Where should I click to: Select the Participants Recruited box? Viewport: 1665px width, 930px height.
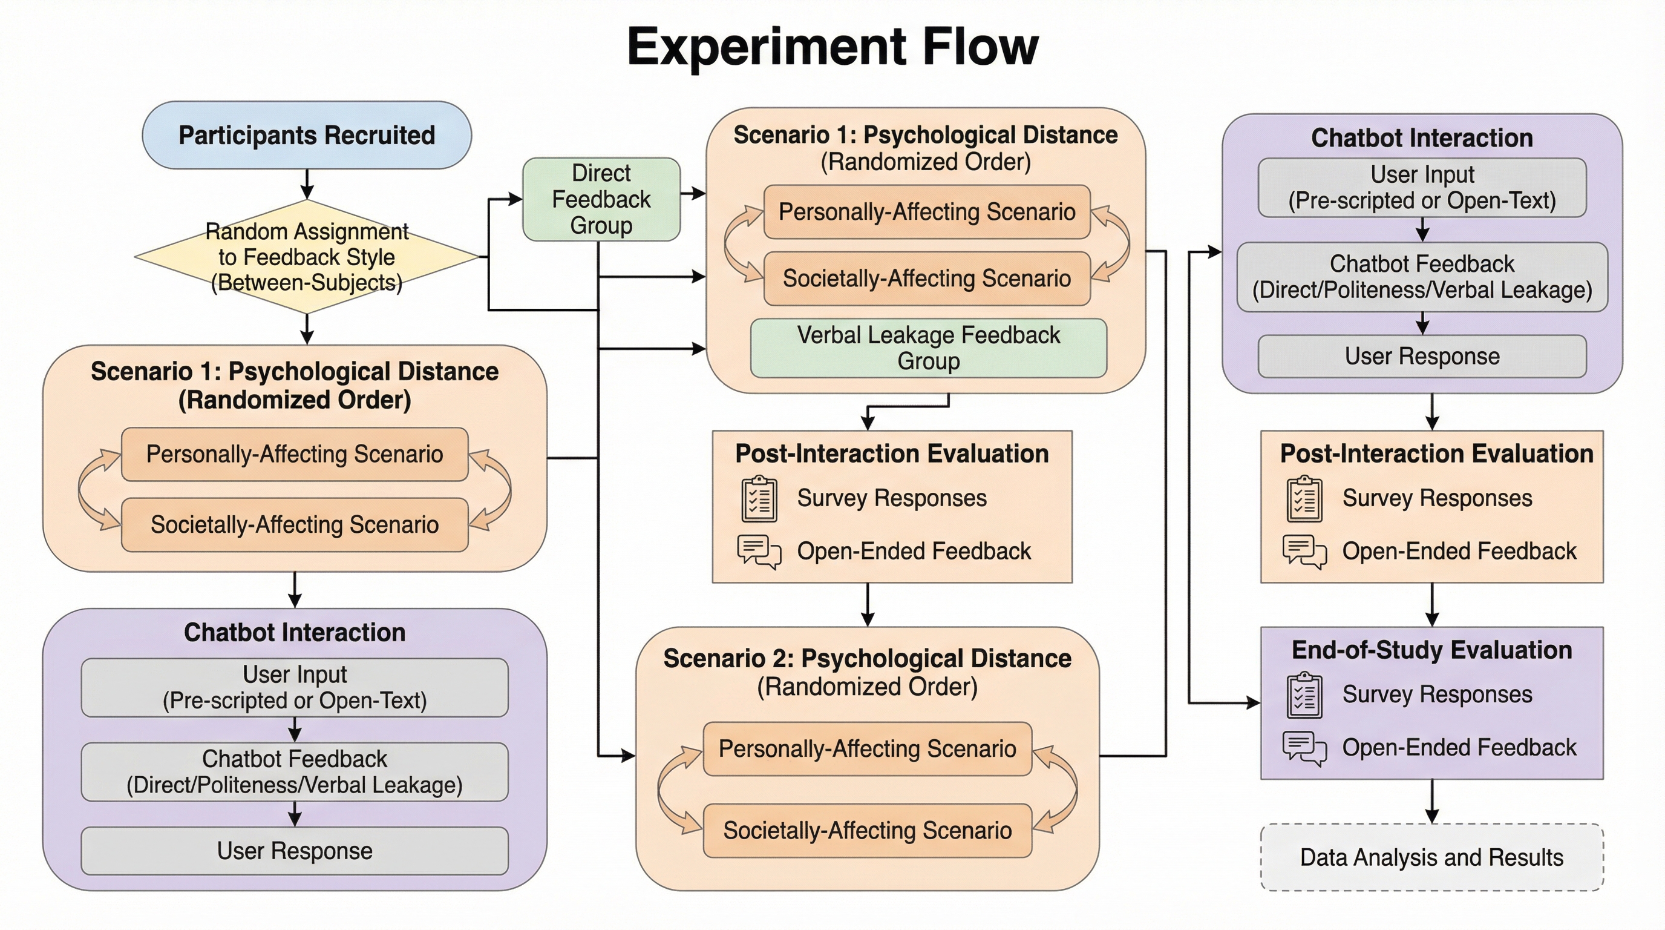306,135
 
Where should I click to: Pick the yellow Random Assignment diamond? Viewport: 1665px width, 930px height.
306,257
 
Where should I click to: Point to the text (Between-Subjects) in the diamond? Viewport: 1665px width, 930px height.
306,283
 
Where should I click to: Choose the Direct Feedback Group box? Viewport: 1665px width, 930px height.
601,199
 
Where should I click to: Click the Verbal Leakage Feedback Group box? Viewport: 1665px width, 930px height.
928,348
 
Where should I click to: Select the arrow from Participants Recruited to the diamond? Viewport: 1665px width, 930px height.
307,184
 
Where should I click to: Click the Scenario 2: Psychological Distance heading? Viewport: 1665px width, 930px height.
867,658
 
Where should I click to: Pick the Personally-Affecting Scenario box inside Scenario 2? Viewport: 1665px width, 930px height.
867,749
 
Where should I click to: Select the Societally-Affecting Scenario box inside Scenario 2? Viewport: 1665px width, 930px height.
867,831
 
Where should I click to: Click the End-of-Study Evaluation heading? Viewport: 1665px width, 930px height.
1431,650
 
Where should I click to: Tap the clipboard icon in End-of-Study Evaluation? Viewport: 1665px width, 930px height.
1304,695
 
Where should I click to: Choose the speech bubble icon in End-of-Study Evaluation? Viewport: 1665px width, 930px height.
1304,748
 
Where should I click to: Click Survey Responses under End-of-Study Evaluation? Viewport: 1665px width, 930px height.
1437,694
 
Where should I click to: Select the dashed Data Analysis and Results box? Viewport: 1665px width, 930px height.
1431,857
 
